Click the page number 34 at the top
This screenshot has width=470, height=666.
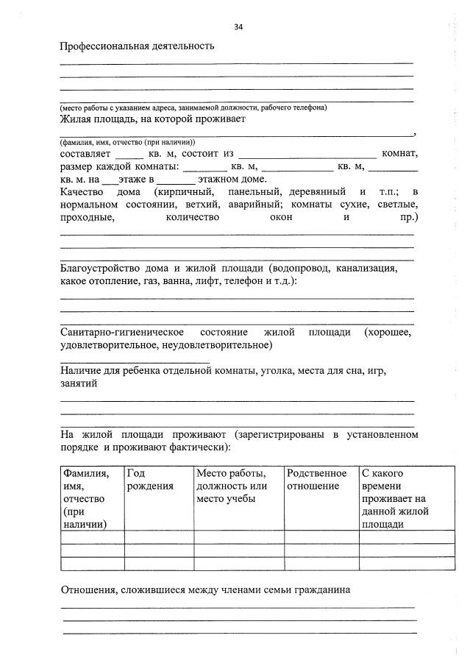238,27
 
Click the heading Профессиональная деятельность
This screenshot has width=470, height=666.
137,46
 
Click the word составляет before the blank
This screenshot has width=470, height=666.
85,154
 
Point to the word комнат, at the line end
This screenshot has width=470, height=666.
399,154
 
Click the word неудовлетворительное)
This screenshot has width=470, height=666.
221,344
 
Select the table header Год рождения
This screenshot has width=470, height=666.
151,480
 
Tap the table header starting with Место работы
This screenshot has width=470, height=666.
231,486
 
